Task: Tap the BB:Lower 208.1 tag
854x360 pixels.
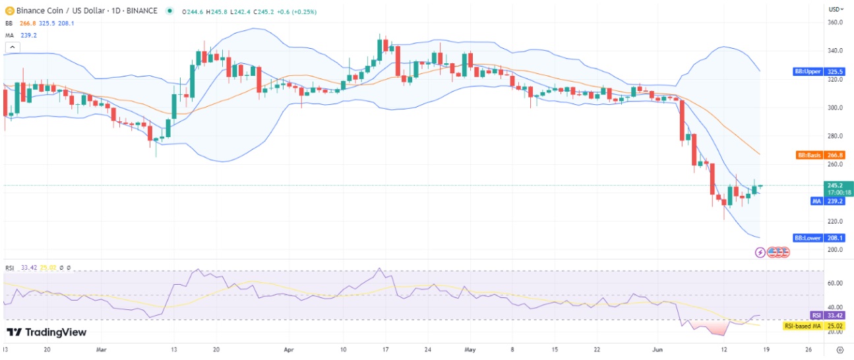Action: pos(819,237)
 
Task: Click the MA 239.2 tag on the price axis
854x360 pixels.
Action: pos(828,201)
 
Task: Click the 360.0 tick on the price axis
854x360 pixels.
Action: pos(836,22)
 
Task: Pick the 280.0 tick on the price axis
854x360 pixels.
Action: pos(836,136)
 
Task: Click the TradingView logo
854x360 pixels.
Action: pos(47,332)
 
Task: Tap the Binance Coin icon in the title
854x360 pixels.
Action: pos(10,11)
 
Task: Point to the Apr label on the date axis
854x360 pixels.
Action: pos(288,349)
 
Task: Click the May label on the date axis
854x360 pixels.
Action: pos(470,349)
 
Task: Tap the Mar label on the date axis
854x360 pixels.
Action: pos(100,349)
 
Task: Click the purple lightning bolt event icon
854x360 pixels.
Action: pos(760,252)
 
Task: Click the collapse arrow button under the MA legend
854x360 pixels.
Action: pos(11,47)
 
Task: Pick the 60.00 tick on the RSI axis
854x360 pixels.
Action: pos(836,283)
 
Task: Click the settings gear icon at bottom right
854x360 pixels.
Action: pos(839,349)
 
